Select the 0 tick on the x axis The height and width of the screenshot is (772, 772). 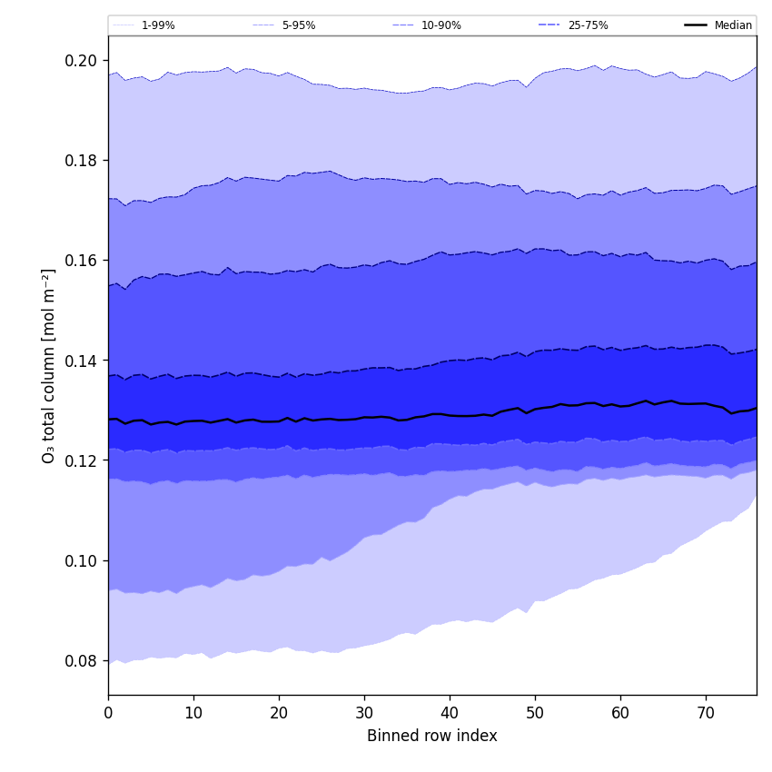108,713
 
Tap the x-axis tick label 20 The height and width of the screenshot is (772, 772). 279,713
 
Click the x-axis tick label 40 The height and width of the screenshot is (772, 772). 450,713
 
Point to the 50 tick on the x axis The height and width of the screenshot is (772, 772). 535,713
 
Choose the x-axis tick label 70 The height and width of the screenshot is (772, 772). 706,713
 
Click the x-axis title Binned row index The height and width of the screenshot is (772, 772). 432,736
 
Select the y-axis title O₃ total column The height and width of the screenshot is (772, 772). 49,365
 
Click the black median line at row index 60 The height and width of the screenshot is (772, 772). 620,406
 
